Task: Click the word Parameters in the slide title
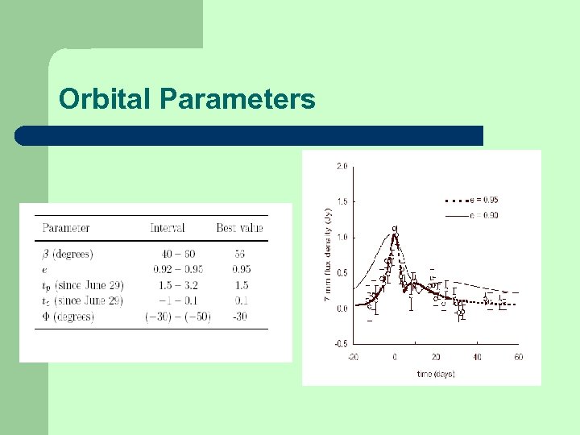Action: [x=238, y=98]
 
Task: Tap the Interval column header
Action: [x=168, y=228]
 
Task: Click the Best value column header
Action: [x=239, y=228]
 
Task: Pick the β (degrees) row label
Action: [x=68, y=254]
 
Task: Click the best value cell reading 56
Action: [x=239, y=254]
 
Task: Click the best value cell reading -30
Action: [x=239, y=317]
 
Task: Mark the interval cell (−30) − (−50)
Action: [x=177, y=317]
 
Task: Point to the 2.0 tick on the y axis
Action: [x=342, y=167]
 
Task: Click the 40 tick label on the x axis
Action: [x=477, y=357]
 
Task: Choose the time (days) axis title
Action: [x=436, y=375]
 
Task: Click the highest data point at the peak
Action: [x=395, y=229]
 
